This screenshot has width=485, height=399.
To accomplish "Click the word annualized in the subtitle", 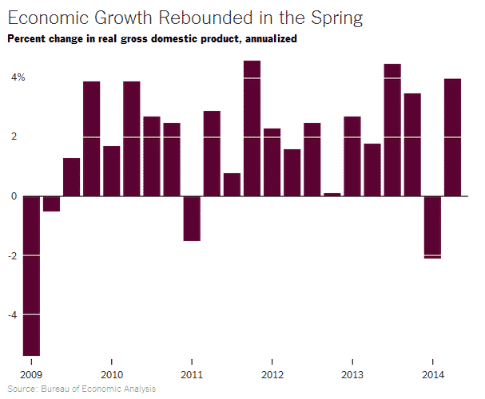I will tap(269, 39).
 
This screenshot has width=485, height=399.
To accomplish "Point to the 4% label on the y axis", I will tap(18, 77).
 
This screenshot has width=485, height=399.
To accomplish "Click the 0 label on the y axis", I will tap(14, 196).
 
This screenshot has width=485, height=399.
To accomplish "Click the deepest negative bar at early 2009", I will tap(31, 275).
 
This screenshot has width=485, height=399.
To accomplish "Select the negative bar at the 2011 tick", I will tap(192, 218).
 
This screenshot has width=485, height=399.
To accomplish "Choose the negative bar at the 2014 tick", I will tap(432, 227).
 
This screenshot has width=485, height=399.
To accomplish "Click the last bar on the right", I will tap(452, 137).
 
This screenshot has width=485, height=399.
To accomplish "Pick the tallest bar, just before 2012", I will tap(252, 128).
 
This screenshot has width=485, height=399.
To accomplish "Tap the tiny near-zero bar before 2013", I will tap(332, 194).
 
